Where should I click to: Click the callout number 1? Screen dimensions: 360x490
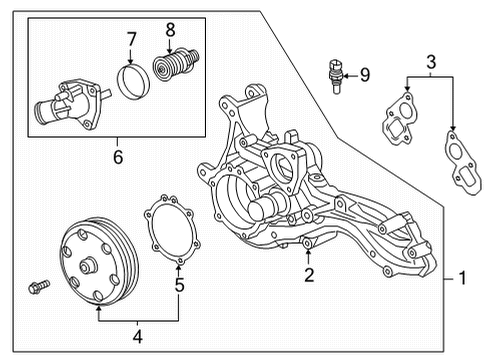tap(462, 278)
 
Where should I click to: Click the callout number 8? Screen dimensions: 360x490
tap(170, 30)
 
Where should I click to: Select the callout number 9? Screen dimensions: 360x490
tap(363, 73)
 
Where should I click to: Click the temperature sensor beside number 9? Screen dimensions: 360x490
tap(332, 75)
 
